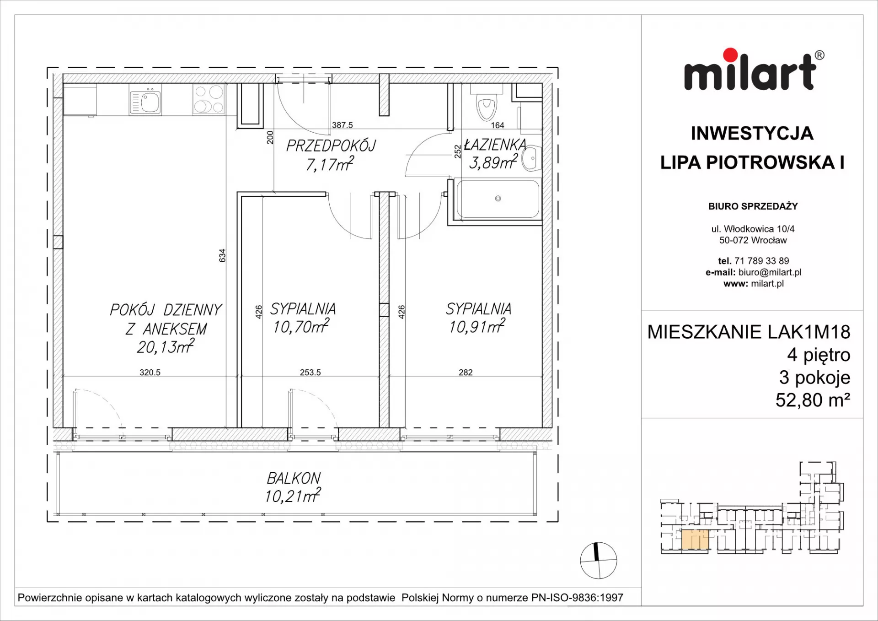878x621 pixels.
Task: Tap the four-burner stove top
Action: [x=209, y=99]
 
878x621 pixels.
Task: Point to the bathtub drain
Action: [x=498, y=199]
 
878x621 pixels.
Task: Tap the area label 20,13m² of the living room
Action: [x=166, y=346]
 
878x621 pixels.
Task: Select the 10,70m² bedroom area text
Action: [x=301, y=326]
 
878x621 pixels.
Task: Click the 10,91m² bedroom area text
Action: [x=477, y=326]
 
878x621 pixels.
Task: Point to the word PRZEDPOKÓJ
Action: [x=331, y=146]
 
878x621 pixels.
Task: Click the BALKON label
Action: [x=294, y=479]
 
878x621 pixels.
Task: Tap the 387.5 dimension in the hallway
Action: [x=343, y=125]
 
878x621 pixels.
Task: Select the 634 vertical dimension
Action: [x=222, y=255]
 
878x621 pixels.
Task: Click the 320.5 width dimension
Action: [x=150, y=373]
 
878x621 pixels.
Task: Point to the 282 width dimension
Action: [x=466, y=373]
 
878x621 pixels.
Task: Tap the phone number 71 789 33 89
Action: [x=762, y=261]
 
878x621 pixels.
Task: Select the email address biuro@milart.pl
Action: [x=770, y=272]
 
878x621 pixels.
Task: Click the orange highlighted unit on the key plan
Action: [x=695, y=540]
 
